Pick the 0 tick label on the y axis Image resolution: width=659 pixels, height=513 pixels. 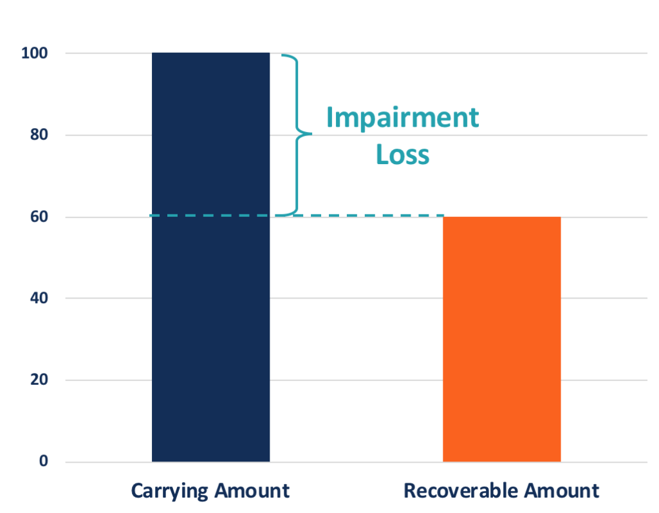44,462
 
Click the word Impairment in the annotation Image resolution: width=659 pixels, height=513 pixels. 402,118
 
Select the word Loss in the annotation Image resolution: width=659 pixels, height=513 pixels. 402,154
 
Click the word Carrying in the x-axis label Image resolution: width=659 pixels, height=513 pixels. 169,491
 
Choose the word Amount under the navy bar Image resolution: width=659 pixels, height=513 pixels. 252,491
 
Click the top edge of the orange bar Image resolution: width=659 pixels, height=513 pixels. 501,218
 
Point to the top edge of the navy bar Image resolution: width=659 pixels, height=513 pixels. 210,53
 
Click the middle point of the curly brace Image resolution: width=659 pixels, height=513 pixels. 309,135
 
